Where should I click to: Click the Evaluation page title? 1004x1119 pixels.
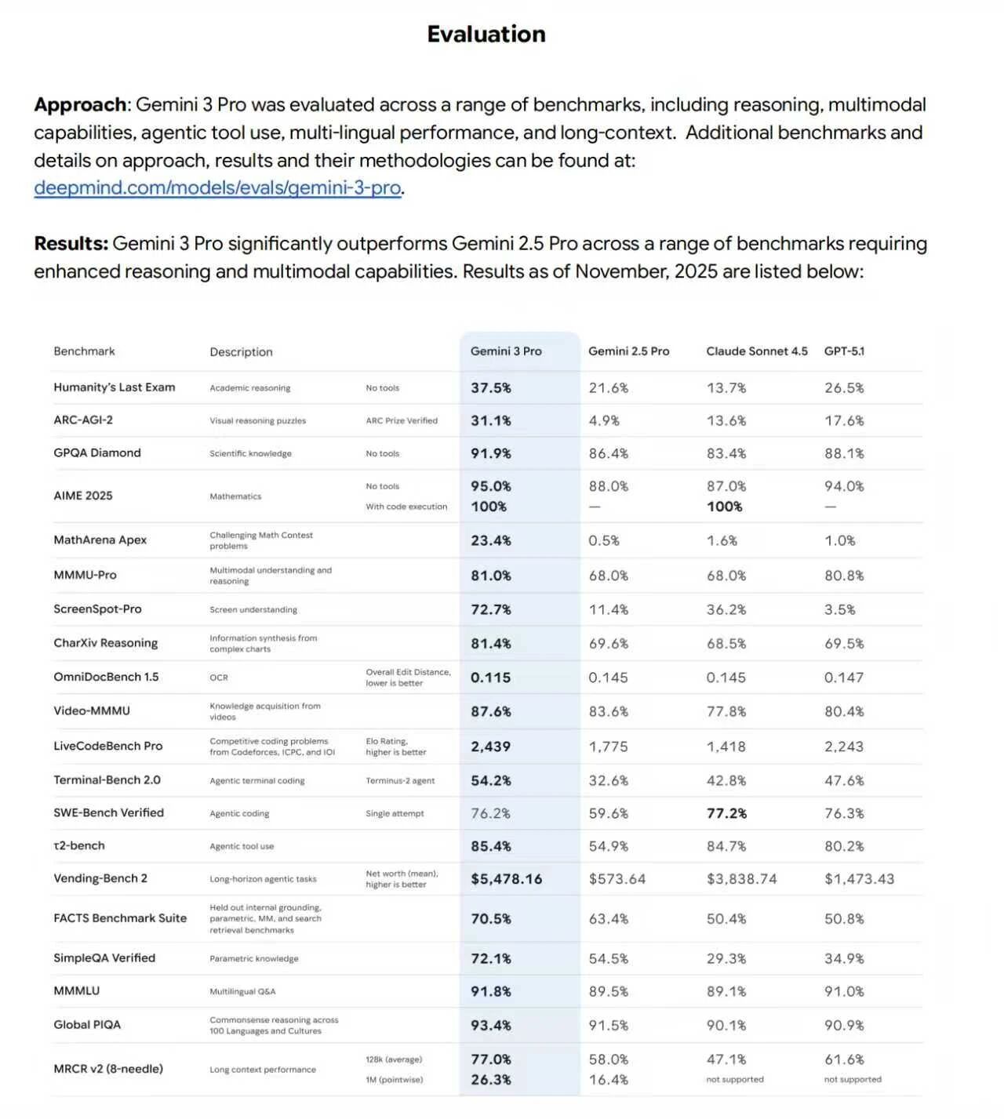pos(486,35)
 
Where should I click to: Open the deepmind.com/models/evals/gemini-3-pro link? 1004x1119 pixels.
pos(217,188)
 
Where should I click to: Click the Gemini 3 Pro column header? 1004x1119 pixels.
pos(506,351)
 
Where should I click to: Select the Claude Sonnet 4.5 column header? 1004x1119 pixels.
pos(756,351)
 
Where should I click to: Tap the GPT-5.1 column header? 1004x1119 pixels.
pos(844,351)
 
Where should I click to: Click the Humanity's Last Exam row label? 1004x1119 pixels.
pos(115,387)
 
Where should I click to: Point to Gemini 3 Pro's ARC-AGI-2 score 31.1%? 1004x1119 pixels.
pos(491,420)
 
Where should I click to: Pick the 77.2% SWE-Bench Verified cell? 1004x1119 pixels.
pos(726,813)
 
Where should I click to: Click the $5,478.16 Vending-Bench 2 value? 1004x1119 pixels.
pos(507,879)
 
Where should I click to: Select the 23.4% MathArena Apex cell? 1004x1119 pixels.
pos(491,540)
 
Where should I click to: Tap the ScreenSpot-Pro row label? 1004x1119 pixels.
pos(97,609)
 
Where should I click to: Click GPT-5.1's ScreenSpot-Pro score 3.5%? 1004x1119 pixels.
pos(839,609)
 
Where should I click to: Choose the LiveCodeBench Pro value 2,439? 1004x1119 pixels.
pos(490,747)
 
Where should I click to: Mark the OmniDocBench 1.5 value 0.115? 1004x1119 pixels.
pos(490,678)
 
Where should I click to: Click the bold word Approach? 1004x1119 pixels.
pos(80,105)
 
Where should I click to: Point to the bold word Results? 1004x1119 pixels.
pos(70,244)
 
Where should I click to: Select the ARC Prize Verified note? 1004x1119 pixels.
pos(402,421)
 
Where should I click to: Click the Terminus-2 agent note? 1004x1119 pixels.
pos(400,781)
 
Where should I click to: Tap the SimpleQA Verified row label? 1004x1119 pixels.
pos(104,958)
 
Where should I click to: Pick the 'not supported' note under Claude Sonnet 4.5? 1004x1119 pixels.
pos(735,1080)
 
